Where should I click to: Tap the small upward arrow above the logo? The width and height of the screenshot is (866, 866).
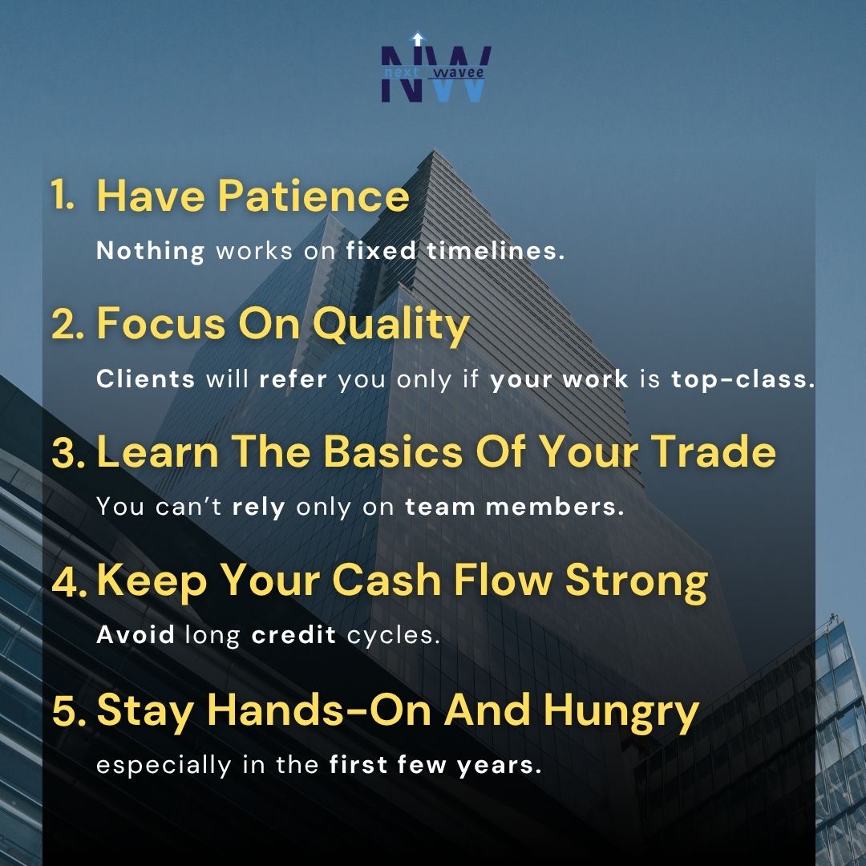click(416, 38)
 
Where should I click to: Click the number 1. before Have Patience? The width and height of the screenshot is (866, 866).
click(63, 196)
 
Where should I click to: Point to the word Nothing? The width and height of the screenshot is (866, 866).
click(151, 251)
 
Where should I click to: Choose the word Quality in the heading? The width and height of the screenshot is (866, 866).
click(391, 325)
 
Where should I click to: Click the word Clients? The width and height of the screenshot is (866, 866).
click(146, 378)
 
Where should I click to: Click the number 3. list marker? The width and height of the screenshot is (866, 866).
click(71, 453)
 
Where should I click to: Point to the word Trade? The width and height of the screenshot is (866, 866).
click(714, 453)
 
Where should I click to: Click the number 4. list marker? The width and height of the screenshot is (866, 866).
click(71, 581)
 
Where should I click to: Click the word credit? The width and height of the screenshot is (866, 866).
click(293, 635)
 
